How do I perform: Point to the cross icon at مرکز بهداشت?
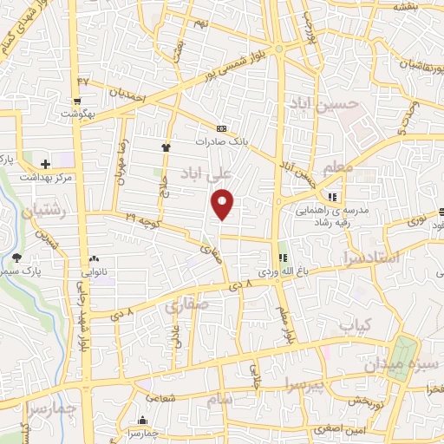point(45,162)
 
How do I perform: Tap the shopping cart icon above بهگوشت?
point(63,112)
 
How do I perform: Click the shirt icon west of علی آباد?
point(166,147)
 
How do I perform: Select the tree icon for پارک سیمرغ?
point(16,257)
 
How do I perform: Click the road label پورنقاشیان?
point(408,65)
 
